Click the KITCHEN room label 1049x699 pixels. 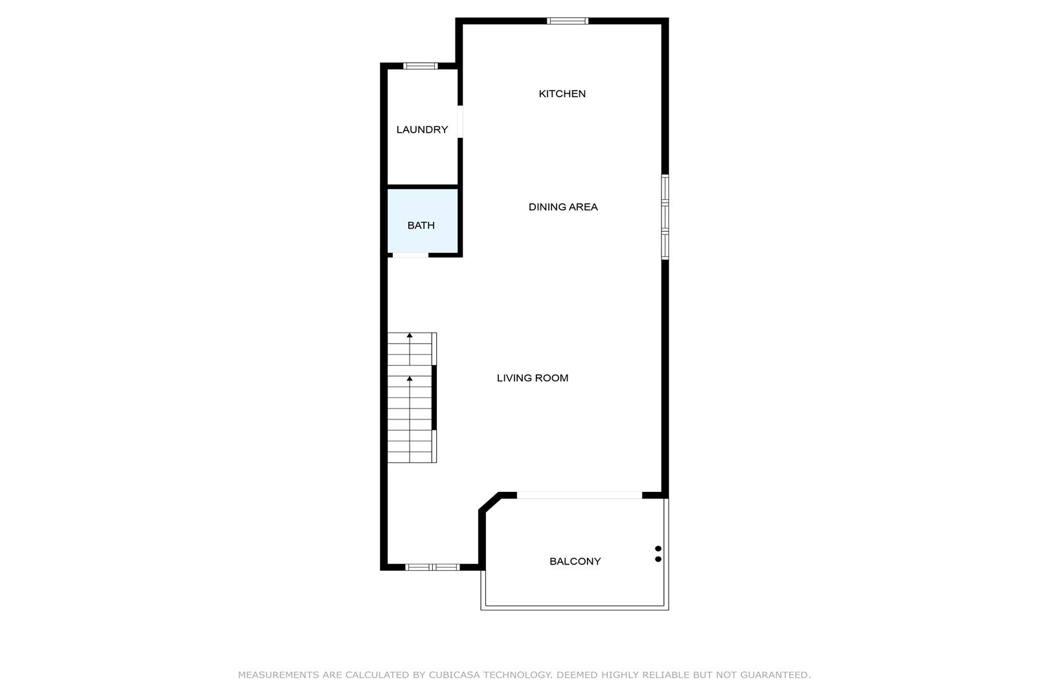tap(562, 94)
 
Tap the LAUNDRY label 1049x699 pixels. tap(422, 129)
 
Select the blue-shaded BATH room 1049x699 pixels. tap(423, 221)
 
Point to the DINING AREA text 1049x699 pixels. tap(563, 206)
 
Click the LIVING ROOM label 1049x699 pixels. tap(533, 377)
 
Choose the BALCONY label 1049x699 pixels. tap(575, 561)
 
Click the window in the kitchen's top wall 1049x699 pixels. tap(568, 21)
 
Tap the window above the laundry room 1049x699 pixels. tap(421, 65)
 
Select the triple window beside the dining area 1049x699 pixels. tap(665, 217)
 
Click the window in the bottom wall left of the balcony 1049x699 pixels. tap(432, 568)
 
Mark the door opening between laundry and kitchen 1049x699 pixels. tap(460, 122)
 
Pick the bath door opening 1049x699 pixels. tap(410, 255)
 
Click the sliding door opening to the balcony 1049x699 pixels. tap(579, 495)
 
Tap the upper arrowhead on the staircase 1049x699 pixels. tap(410, 335)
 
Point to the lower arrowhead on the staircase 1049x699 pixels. tap(410, 378)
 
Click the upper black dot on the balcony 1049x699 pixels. tap(658, 549)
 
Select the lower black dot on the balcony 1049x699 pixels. tap(658, 559)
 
